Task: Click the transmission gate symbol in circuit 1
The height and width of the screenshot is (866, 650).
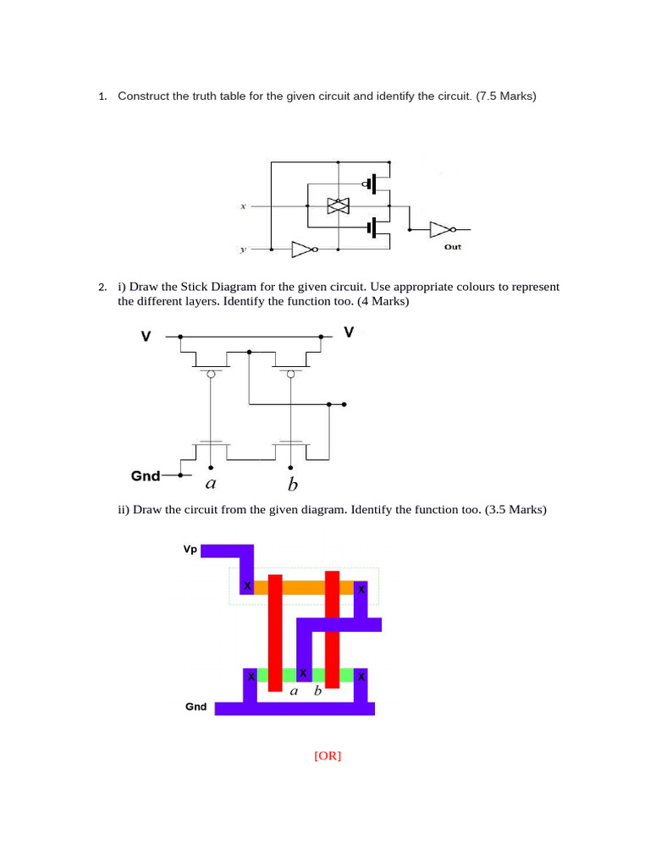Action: [x=339, y=206]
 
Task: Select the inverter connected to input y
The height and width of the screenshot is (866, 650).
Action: [x=305, y=249]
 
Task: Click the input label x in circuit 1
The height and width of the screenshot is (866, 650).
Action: [x=243, y=206]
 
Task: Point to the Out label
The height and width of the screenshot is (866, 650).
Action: [x=453, y=247]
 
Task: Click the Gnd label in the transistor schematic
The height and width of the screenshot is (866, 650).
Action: [x=146, y=476]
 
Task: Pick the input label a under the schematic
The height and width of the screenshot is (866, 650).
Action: [x=211, y=484]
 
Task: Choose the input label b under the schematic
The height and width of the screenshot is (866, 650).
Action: [x=292, y=485]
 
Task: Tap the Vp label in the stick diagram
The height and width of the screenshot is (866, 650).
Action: [x=190, y=550]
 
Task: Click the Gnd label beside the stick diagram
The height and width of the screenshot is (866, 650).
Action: [x=196, y=707]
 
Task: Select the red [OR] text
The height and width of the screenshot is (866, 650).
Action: [x=328, y=755]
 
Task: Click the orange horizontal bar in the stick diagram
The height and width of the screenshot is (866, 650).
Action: [x=304, y=587]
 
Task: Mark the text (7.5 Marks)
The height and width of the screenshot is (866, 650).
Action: [x=506, y=96]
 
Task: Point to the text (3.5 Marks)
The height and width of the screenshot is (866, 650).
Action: [x=515, y=509]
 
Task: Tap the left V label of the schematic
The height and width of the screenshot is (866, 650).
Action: [x=146, y=337]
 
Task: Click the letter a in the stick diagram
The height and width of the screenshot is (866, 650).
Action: [x=294, y=692]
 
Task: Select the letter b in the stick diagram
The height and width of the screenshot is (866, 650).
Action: [x=317, y=690]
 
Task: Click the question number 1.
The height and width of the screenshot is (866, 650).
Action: [x=102, y=96]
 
